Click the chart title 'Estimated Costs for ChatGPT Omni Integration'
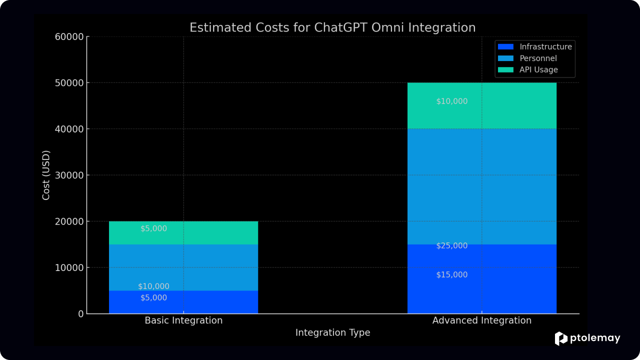(332, 27)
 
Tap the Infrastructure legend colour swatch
(505, 46)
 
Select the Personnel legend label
(538, 58)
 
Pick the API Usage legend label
(538, 69)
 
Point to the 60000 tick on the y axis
(69, 37)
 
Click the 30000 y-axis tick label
(69, 175)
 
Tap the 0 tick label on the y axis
(81, 314)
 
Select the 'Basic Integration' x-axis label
(183, 320)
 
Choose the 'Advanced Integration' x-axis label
(481, 320)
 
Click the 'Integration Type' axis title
(332, 332)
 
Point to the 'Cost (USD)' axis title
(46, 175)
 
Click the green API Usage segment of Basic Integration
(183, 233)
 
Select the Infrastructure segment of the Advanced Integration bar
(481, 279)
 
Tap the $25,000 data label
(451, 245)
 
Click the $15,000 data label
(451, 275)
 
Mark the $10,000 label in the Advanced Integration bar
(451, 101)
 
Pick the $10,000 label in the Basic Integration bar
(153, 286)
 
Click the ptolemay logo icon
(561, 339)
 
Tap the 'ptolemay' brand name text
(595, 338)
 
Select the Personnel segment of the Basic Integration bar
(183, 267)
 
